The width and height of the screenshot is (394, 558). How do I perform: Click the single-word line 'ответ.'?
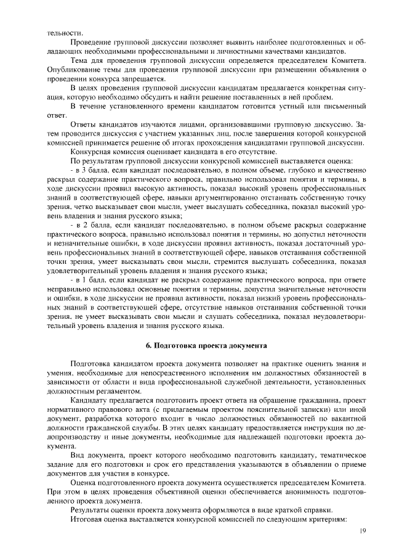point(57,115)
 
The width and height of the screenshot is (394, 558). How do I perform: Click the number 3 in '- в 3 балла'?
point(87,168)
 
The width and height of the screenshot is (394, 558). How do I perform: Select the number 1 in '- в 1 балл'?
point(87,280)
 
